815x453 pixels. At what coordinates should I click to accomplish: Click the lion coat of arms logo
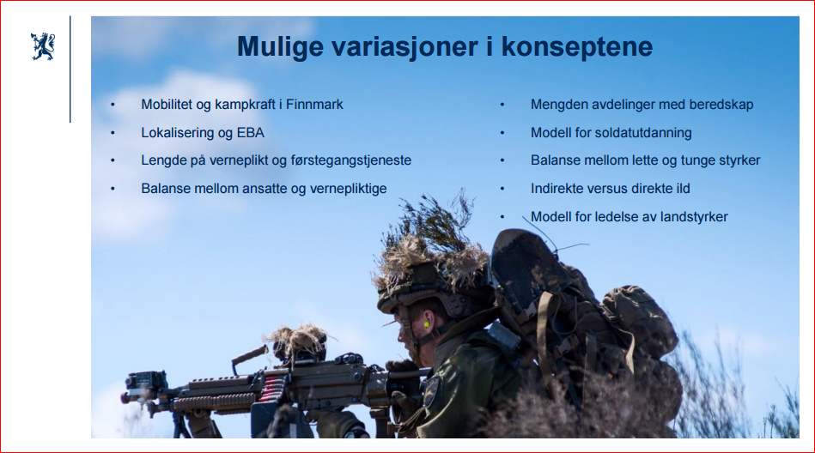(x=43, y=46)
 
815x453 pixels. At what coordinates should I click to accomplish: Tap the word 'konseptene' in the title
(x=577, y=46)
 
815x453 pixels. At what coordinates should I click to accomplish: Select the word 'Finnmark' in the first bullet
(x=314, y=105)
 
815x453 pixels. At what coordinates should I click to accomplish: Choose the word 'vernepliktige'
(x=349, y=188)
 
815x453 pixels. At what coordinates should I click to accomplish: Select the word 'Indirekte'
(x=557, y=188)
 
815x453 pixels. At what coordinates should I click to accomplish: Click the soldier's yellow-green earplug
(x=426, y=324)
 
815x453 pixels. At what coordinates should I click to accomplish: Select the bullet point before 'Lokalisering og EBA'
(x=113, y=133)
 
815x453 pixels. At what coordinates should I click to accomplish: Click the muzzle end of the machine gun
(x=125, y=397)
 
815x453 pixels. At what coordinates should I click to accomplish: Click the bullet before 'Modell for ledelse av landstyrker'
(x=502, y=217)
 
